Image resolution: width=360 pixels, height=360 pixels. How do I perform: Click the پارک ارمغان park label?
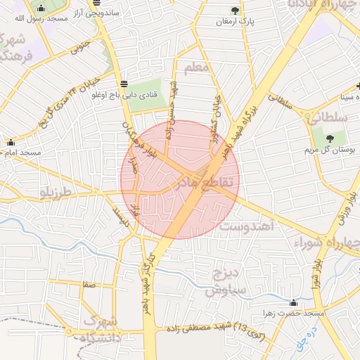235,22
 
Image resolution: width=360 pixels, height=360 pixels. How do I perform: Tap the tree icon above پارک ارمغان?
235,10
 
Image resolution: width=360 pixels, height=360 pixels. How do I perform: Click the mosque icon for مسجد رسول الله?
40,8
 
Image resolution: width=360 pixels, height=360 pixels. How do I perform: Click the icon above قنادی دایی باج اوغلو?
124,83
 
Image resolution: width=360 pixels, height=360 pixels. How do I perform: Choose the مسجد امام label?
21,152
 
